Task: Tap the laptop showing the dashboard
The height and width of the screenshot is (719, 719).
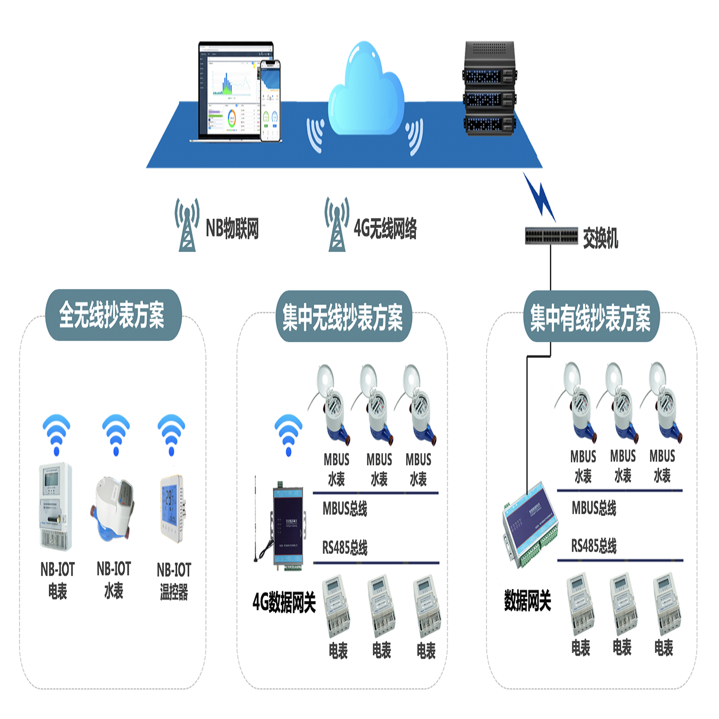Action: point(233,92)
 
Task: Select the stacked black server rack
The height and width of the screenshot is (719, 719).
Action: point(488,89)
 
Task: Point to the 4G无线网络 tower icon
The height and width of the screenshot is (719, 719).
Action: point(336,225)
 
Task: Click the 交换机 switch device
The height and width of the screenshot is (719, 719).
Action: point(551,236)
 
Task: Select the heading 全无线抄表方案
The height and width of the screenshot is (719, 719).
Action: point(113,315)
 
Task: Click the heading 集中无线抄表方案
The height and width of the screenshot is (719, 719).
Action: point(343,317)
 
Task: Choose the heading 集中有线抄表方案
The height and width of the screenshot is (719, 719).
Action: point(591,318)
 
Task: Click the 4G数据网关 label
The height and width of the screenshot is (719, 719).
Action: point(284,602)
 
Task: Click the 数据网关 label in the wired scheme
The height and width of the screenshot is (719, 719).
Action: point(527,601)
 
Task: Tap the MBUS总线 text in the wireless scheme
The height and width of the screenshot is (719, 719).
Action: point(345,508)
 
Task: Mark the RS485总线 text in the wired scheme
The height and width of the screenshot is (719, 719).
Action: point(594,546)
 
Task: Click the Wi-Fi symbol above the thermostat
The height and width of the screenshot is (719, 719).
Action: point(171,434)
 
